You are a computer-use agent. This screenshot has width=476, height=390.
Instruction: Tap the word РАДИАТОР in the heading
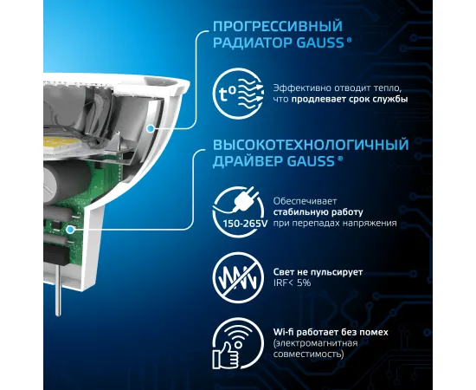coord(247,44)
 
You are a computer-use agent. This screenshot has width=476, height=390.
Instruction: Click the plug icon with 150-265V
coord(235,205)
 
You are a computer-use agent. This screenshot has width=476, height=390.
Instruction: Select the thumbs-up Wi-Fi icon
coord(235,343)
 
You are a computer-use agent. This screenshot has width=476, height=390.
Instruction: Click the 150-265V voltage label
coord(235,222)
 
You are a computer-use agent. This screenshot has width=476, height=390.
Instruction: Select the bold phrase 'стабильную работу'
coord(306,211)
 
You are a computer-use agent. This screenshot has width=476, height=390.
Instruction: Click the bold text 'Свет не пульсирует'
coord(317,271)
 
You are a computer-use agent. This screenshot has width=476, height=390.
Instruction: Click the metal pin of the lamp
coord(58,299)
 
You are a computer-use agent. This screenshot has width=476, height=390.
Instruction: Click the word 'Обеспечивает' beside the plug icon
coord(300,199)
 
